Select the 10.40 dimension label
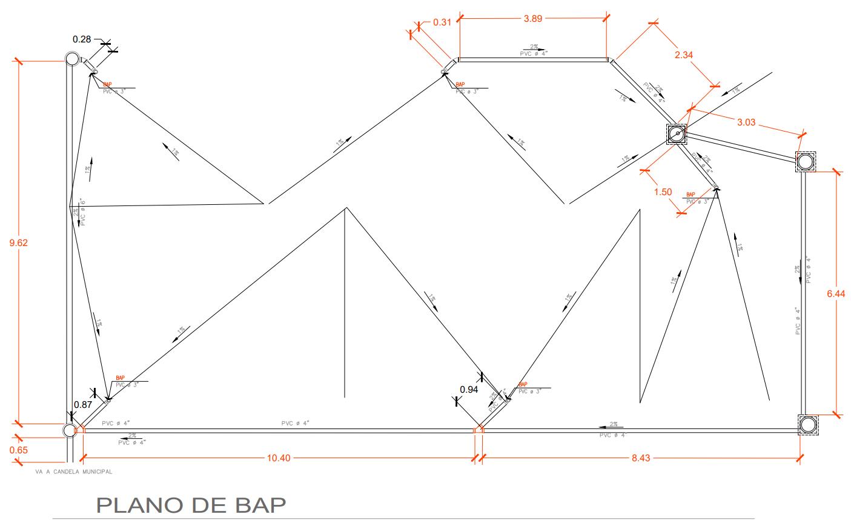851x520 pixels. tap(279, 458)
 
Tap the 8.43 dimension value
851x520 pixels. tap(640, 458)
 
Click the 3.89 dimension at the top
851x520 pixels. tap(533, 19)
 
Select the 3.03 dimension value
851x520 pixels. tap(746, 123)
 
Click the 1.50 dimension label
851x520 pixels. tap(663, 192)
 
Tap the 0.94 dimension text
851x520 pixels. tap(469, 390)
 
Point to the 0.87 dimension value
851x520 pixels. tap(83, 404)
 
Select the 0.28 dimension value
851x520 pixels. tap(82, 39)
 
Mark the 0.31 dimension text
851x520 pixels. tap(442, 23)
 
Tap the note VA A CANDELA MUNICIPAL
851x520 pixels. tap(75, 471)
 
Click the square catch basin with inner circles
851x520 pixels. tap(677, 134)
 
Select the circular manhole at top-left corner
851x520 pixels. tap(72, 59)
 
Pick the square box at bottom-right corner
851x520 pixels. tap(807, 425)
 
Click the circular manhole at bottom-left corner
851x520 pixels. tap(70, 430)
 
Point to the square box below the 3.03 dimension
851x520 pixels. tap(805, 162)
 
